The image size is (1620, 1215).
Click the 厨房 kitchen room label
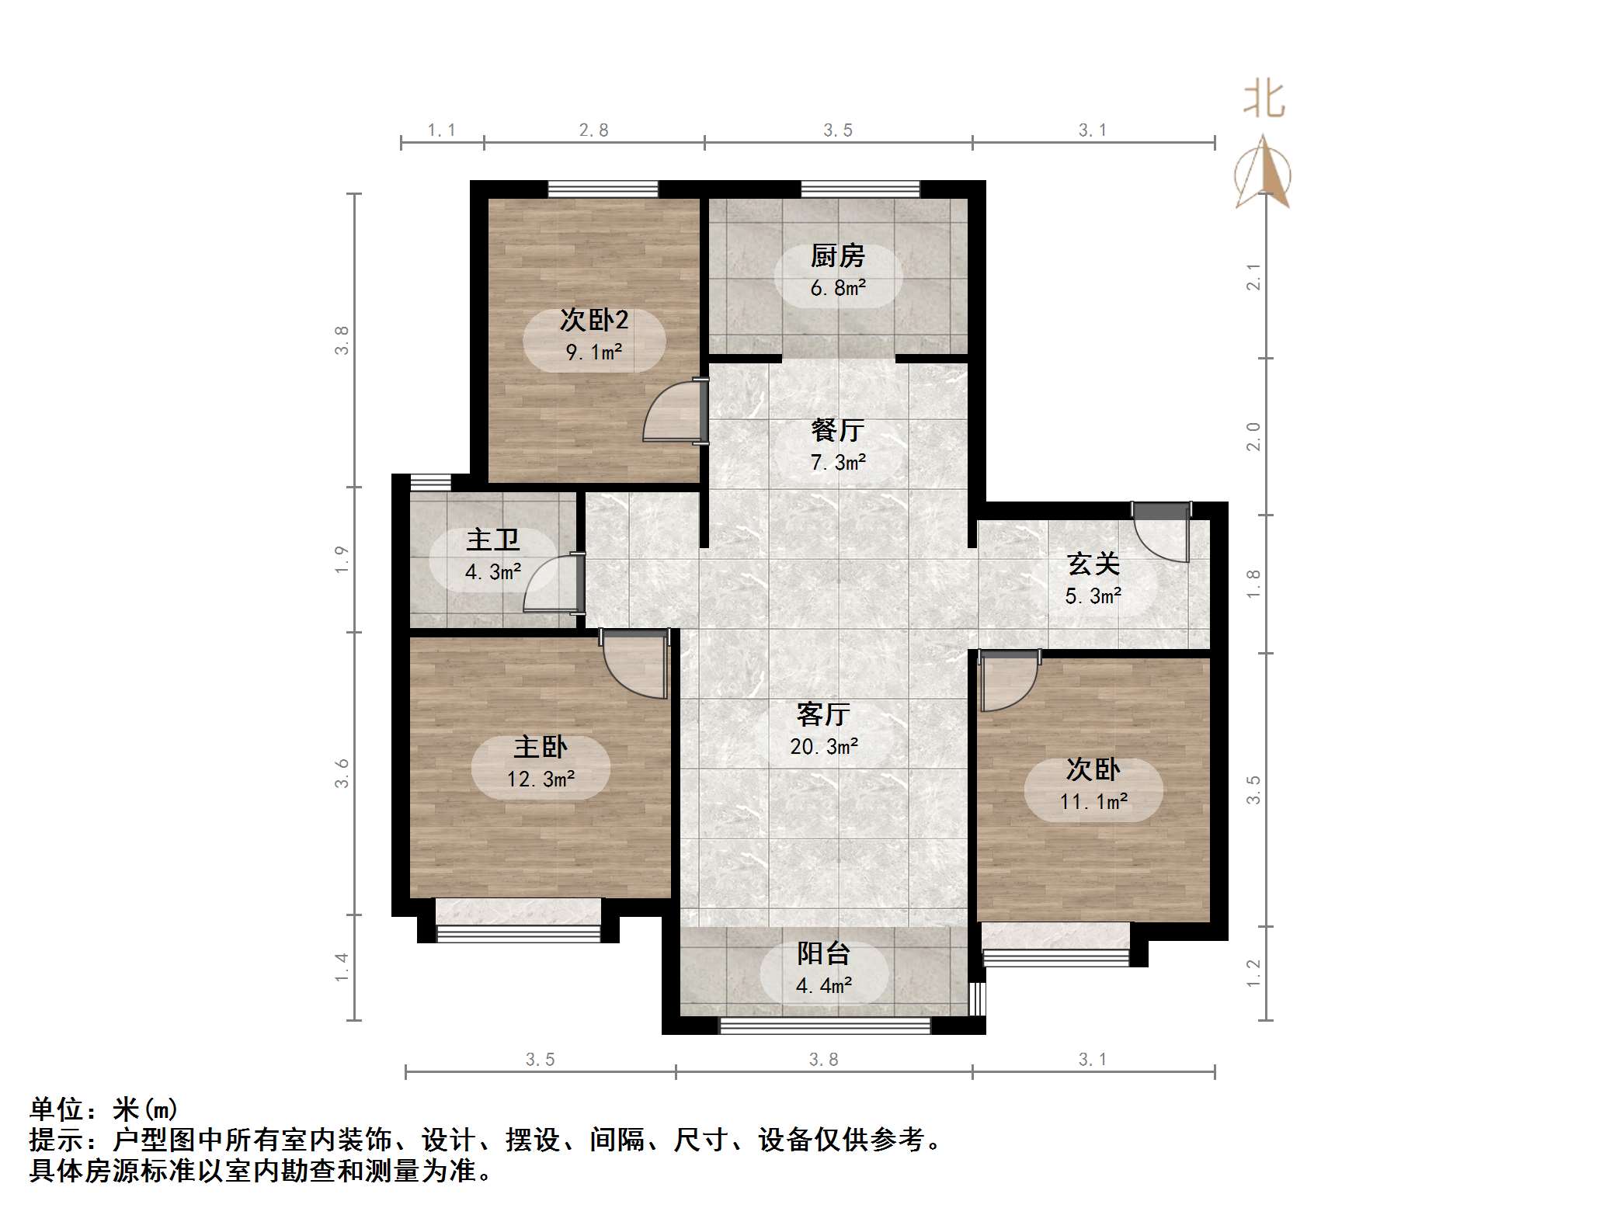tap(837, 256)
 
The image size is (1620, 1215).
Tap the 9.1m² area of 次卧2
tap(594, 352)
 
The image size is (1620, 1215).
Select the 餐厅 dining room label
tap(837, 430)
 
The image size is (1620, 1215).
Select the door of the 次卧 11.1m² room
tap(1008, 682)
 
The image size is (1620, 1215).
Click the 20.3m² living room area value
tap(824, 747)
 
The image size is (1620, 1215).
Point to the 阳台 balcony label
tap(823, 953)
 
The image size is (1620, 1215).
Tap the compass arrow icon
tap(1264, 175)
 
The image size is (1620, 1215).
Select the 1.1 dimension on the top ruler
tap(441, 130)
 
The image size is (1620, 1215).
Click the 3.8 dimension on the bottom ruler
tap(823, 1060)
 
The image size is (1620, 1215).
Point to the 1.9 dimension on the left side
tap(342, 560)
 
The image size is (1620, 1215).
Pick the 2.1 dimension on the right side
tap(1253, 276)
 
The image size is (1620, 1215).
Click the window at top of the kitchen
tap(860, 189)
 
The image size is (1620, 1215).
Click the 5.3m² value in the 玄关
tap(1093, 596)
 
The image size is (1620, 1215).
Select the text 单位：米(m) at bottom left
tap(103, 1109)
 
